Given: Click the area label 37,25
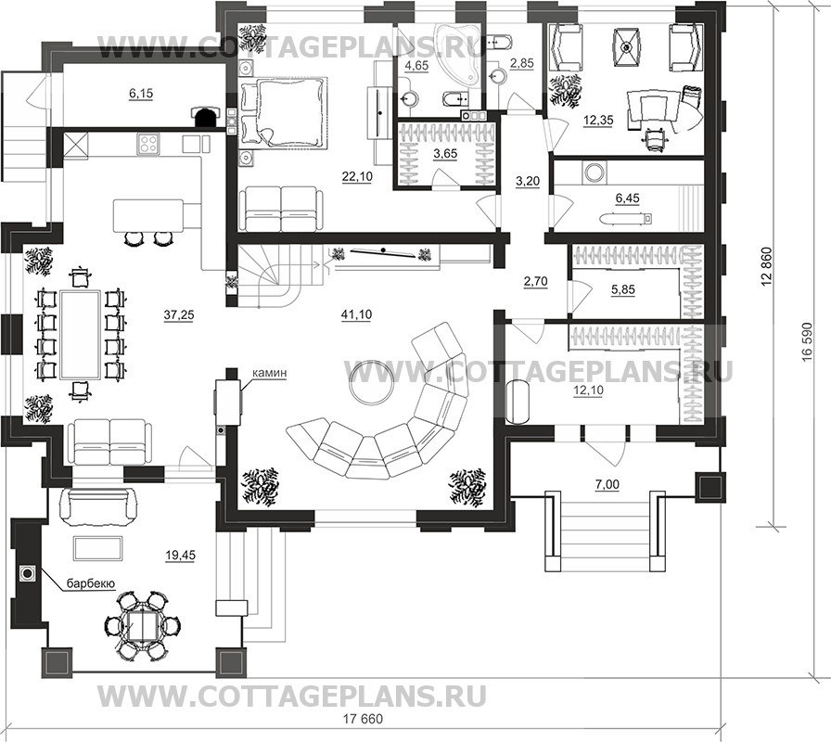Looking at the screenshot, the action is (179, 314).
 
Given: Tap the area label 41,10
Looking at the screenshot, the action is (357, 314).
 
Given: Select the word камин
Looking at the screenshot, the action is (269, 373).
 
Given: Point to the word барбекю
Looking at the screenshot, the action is (91, 583).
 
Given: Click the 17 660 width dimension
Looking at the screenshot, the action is (363, 719).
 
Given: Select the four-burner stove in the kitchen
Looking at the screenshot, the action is (147, 144).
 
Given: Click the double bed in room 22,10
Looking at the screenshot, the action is (283, 111).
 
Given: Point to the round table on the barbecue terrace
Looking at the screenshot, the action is (142, 626).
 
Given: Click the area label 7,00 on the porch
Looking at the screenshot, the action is (607, 484).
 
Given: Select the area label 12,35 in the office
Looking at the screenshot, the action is (598, 121).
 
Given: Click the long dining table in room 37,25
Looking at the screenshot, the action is (80, 335).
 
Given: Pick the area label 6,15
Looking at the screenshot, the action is (140, 94).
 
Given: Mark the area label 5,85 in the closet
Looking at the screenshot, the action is (622, 290).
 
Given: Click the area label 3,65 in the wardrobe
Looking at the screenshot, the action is (444, 154).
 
